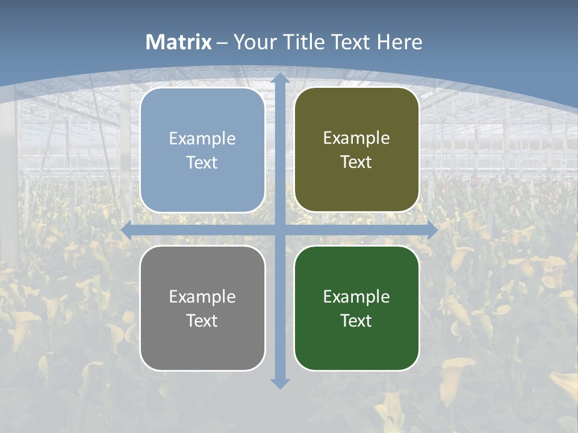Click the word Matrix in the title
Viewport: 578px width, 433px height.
click(x=179, y=42)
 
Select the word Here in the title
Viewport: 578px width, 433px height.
click(x=400, y=42)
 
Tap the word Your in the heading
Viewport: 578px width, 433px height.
click(x=252, y=42)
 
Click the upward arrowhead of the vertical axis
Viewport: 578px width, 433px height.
click(x=279, y=78)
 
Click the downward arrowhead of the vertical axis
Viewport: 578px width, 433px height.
click(x=279, y=383)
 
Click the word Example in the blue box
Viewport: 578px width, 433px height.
click(x=202, y=138)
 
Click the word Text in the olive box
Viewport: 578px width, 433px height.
click(x=356, y=162)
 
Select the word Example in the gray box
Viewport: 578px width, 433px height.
click(x=202, y=296)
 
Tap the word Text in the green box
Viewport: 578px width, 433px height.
click(x=356, y=321)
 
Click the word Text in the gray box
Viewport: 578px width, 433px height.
click(x=202, y=321)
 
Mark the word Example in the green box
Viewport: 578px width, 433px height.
click(x=356, y=296)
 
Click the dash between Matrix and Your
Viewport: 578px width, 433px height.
click(x=223, y=43)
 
